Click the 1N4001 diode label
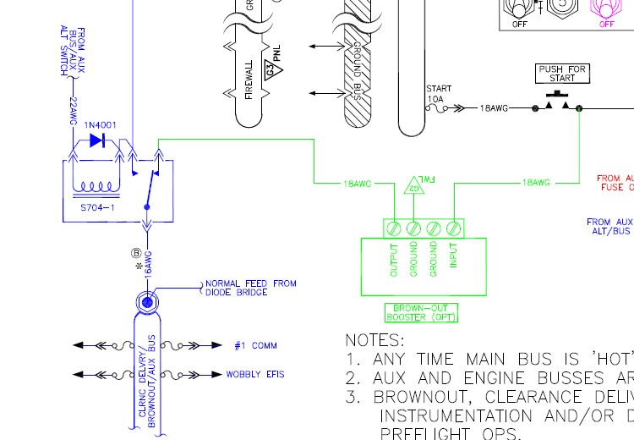(x=101, y=125)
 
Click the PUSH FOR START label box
(x=562, y=74)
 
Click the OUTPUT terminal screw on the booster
(x=393, y=228)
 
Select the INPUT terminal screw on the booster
(x=454, y=228)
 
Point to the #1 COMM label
(x=255, y=346)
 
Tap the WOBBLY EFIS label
(x=254, y=374)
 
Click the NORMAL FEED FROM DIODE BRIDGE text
(x=250, y=289)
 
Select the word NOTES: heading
(x=374, y=340)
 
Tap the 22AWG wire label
(x=74, y=113)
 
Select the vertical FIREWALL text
(x=249, y=80)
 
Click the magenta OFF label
(x=606, y=25)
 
